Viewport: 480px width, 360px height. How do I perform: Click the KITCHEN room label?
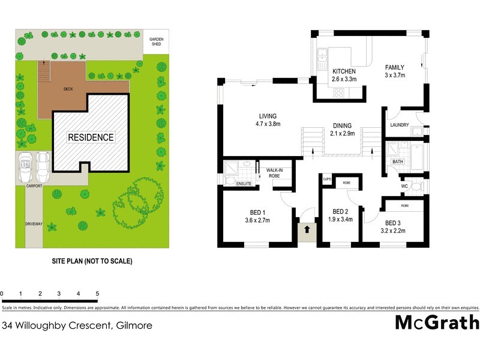(x=344, y=75)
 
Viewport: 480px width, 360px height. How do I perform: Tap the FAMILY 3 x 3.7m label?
(x=395, y=71)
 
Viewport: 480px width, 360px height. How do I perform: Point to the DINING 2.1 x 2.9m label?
(x=343, y=130)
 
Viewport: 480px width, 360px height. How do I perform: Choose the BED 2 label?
(x=340, y=215)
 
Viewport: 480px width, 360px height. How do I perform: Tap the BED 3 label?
(x=393, y=226)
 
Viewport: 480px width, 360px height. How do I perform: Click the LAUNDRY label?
(x=399, y=125)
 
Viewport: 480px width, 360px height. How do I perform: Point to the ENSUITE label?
(x=244, y=184)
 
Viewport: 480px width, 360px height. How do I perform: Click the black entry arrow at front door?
(x=307, y=229)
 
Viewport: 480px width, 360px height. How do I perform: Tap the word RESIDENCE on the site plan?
(x=91, y=137)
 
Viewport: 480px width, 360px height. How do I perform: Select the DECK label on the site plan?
(x=68, y=89)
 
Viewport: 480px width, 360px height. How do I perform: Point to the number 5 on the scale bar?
(x=97, y=293)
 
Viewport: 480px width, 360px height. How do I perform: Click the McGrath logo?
(x=437, y=322)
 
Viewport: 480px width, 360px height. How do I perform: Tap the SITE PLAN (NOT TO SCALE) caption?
(x=91, y=261)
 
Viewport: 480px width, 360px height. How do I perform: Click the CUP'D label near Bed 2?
(x=328, y=179)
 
